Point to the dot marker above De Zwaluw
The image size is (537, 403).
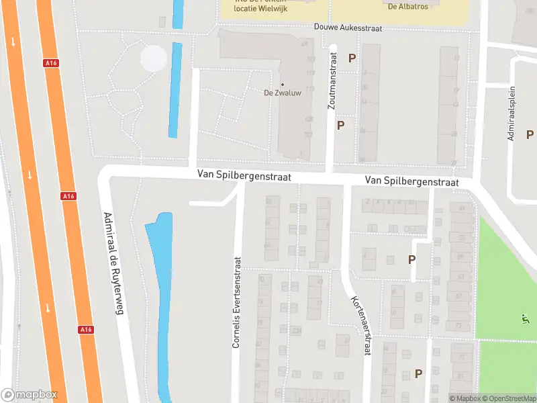[282, 85]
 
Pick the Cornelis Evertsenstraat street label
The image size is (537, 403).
[236, 302]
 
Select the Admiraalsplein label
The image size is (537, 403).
[511, 113]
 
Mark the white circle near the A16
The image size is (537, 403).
[154, 58]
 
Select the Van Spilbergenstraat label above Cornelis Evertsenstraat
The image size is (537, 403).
[244, 175]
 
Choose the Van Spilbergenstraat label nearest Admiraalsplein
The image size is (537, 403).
[411, 181]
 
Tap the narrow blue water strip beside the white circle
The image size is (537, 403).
[175, 89]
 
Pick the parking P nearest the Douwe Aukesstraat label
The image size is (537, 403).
[352, 58]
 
